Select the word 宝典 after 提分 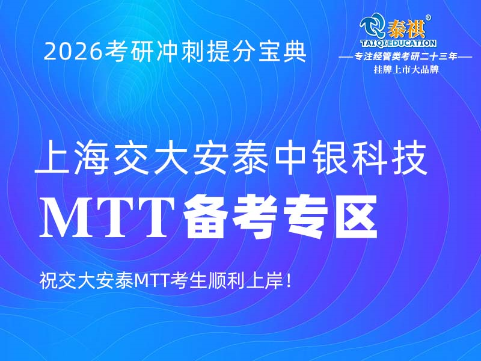[287, 52]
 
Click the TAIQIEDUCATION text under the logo [397, 44]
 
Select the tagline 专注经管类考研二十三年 [406, 57]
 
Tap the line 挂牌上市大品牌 [406, 69]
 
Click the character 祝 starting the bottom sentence [48, 280]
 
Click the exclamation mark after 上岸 [290, 280]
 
